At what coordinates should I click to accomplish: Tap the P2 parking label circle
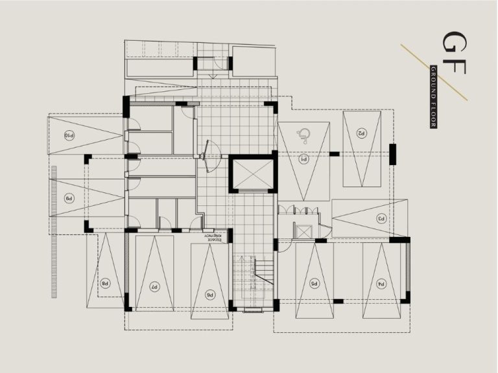coord(361,132)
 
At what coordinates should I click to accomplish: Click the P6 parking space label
coord(210,294)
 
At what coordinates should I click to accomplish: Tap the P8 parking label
coord(104,283)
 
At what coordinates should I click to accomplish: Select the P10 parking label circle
coord(69,135)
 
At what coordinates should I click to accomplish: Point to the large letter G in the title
coord(453,43)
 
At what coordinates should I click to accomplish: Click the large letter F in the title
coord(453,73)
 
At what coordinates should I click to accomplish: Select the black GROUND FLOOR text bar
coord(433,96)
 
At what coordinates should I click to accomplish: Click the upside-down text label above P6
coord(216,238)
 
